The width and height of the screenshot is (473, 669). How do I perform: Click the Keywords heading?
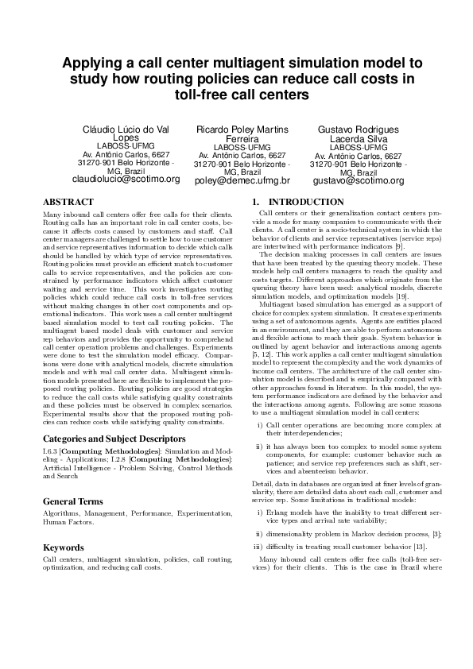click(63, 547)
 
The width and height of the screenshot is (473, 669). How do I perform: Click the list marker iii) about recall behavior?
click(257, 547)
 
